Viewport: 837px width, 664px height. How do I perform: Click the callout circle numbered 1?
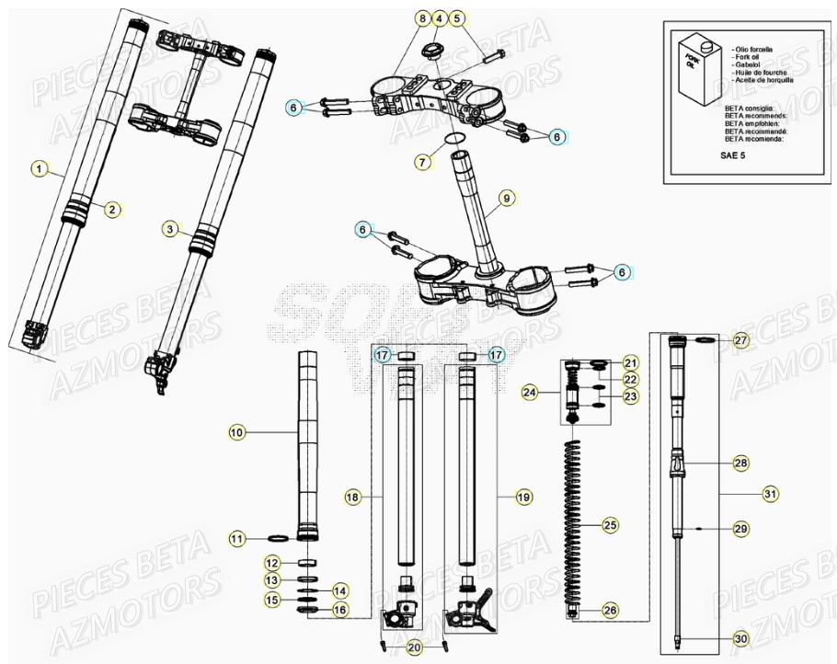tap(38, 168)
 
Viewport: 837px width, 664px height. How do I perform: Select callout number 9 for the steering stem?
tap(505, 198)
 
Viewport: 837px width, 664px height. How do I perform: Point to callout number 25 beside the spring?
tap(610, 526)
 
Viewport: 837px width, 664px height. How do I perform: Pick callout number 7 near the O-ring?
tap(422, 162)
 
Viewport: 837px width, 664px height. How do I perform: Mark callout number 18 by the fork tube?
tap(351, 497)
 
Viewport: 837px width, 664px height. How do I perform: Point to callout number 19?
tap(523, 497)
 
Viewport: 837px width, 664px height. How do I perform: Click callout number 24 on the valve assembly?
tap(529, 393)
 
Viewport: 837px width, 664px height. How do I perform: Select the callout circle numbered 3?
tap(169, 229)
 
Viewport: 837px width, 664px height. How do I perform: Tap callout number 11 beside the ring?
tap(236, 538)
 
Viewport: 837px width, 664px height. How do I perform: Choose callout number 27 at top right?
tap(741, 341)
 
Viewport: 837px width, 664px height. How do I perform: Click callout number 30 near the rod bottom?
tap(741, 639)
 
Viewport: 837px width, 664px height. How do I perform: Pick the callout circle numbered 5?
tap(458, 18)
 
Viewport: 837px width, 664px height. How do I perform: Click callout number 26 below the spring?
tap(610, 610)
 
